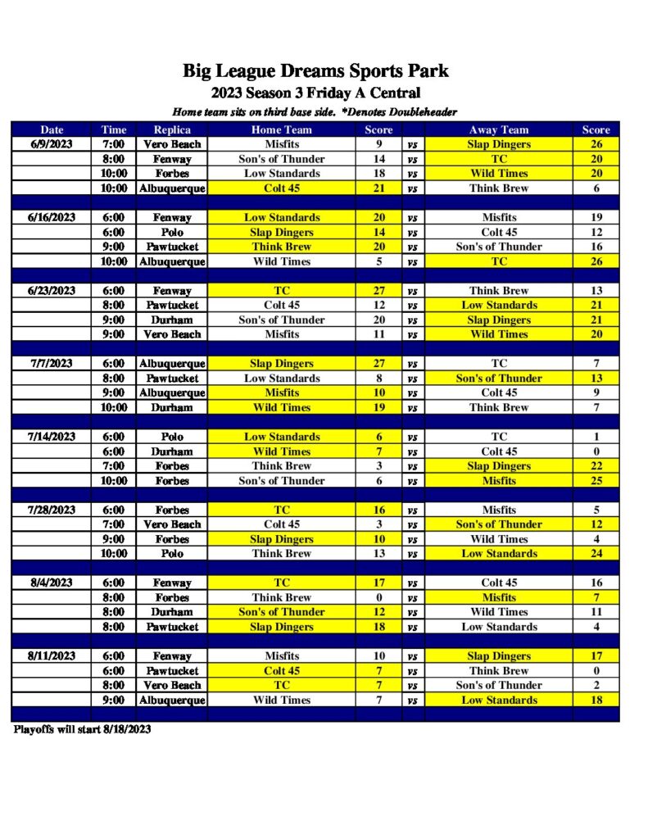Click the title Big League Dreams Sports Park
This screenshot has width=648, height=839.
[315, 71]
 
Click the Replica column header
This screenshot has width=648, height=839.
[172, 129]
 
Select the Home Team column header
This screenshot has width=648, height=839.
[281, 129]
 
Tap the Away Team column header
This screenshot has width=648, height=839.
[499, 129]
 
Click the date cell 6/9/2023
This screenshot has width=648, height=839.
[52, 144]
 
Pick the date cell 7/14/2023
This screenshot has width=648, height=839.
[52, 437]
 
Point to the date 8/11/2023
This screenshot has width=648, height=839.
[52, 656]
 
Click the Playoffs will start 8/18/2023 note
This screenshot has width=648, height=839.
[82, 728]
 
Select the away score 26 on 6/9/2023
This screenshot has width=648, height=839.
[596, 144]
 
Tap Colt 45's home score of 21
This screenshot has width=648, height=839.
[378, 188]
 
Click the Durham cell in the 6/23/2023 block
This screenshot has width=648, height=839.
[172, 320]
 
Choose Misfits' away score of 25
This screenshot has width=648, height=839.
[596, 481]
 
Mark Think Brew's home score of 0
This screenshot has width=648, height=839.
[378, 597]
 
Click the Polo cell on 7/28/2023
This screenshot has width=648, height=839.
[172, 554]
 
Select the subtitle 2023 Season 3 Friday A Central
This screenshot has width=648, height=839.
[315, 93]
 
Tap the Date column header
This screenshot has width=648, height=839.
[52, 129]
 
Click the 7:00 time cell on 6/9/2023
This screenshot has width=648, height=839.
[114, 144]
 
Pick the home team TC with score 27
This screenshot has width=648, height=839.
[281, 291]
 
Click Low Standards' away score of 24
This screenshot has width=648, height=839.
[596, 554]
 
